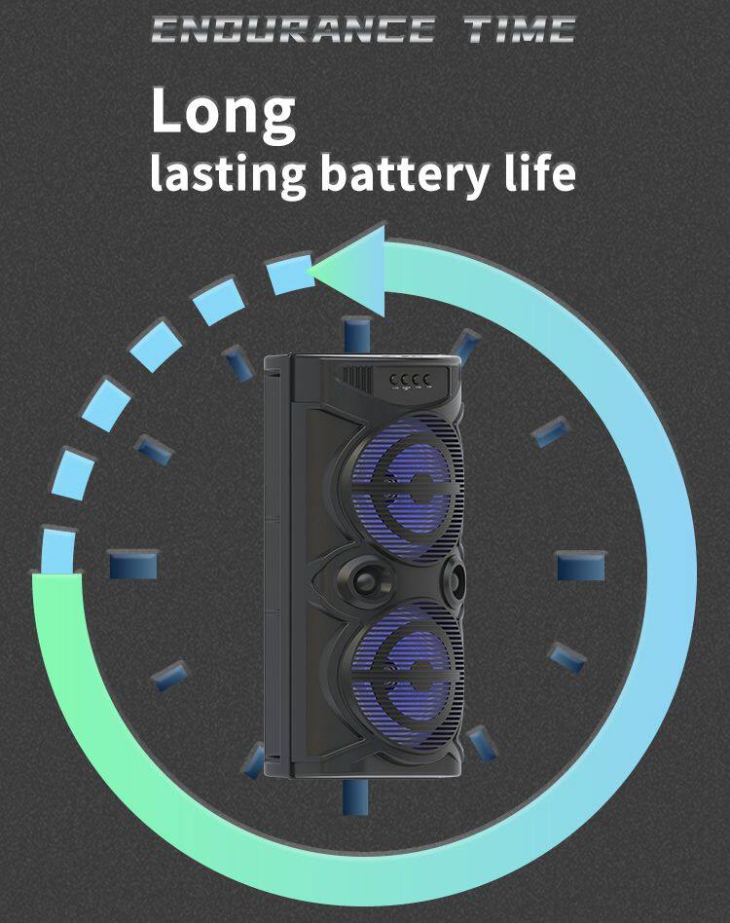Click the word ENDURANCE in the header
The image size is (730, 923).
pos(292,29)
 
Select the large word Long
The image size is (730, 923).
pos(223,112)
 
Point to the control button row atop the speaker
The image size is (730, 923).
pos(408,378)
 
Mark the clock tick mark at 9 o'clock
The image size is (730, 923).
pos(133,565)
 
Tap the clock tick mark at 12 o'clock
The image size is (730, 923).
pos(359,333)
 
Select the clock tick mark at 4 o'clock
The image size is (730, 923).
pos(567,658)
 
